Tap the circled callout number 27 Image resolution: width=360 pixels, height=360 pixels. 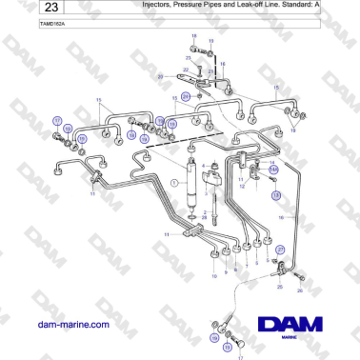[x=281, y=249]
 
